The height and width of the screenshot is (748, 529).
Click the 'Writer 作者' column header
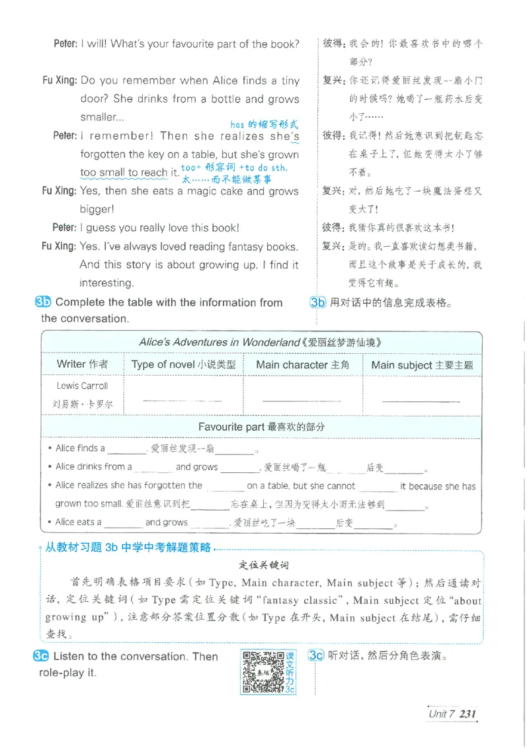point(82,364)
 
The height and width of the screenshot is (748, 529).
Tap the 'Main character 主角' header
point(302,364)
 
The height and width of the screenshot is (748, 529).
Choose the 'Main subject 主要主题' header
point(422,364)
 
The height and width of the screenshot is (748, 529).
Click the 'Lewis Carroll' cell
point(82,386)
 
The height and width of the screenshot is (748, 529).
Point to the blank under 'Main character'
point(302,399)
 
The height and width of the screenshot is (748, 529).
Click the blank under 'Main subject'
point(421,399)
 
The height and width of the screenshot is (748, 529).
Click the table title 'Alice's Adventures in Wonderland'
point(261,343)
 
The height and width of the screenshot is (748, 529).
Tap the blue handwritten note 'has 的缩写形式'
point(264,124)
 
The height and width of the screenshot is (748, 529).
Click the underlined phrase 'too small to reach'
point(124,173)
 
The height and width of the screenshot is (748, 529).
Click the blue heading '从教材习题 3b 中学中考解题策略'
point(128,548)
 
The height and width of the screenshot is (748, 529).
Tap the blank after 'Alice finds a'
point(126,449)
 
